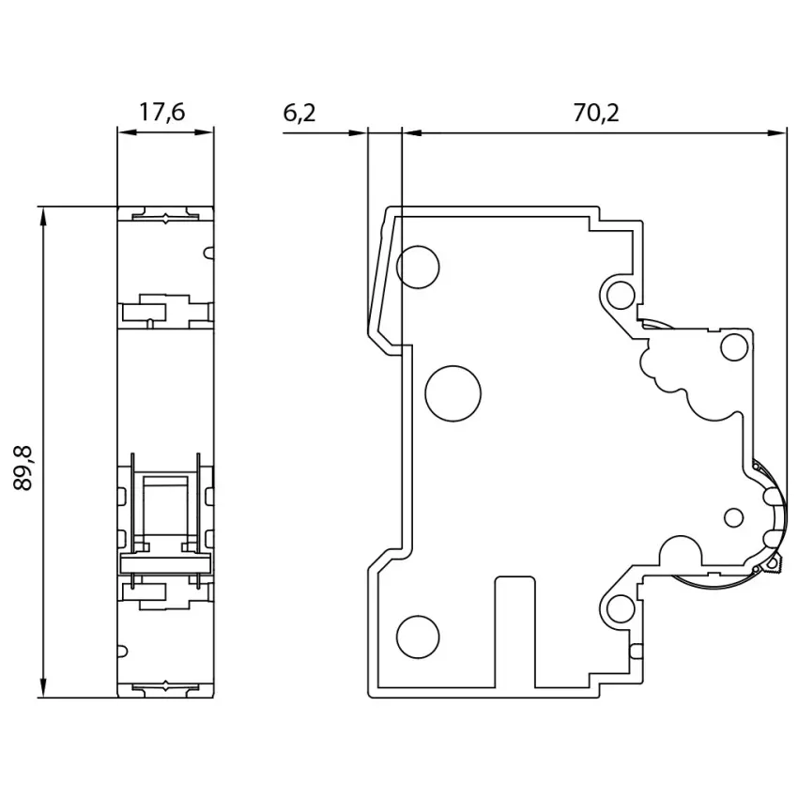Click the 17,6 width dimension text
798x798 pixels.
(162, 113)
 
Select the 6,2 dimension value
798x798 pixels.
(299, 113)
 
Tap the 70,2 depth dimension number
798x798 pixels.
(596, 113)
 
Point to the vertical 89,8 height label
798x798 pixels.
(23, 468)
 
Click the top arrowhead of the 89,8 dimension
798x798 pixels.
(44, 215)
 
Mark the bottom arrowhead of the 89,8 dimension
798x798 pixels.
(44, 689)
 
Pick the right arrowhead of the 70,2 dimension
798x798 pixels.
(777, 133)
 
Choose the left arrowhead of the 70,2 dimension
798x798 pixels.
(412, 133)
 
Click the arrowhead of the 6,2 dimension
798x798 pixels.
(358, 133)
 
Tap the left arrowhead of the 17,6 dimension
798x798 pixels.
(127, 132)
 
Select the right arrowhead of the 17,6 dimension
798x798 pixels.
(205, 132)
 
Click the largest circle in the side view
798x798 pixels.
(453, 393)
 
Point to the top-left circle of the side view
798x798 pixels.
(418, 268)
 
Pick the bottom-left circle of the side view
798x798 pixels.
(418, 637)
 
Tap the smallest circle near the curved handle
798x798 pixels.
(733, 517)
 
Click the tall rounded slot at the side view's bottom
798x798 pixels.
(515, 632)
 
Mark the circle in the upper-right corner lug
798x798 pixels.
(621, 295)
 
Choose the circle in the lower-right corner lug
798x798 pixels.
(621, 608)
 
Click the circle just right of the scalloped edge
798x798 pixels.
(735, 347)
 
